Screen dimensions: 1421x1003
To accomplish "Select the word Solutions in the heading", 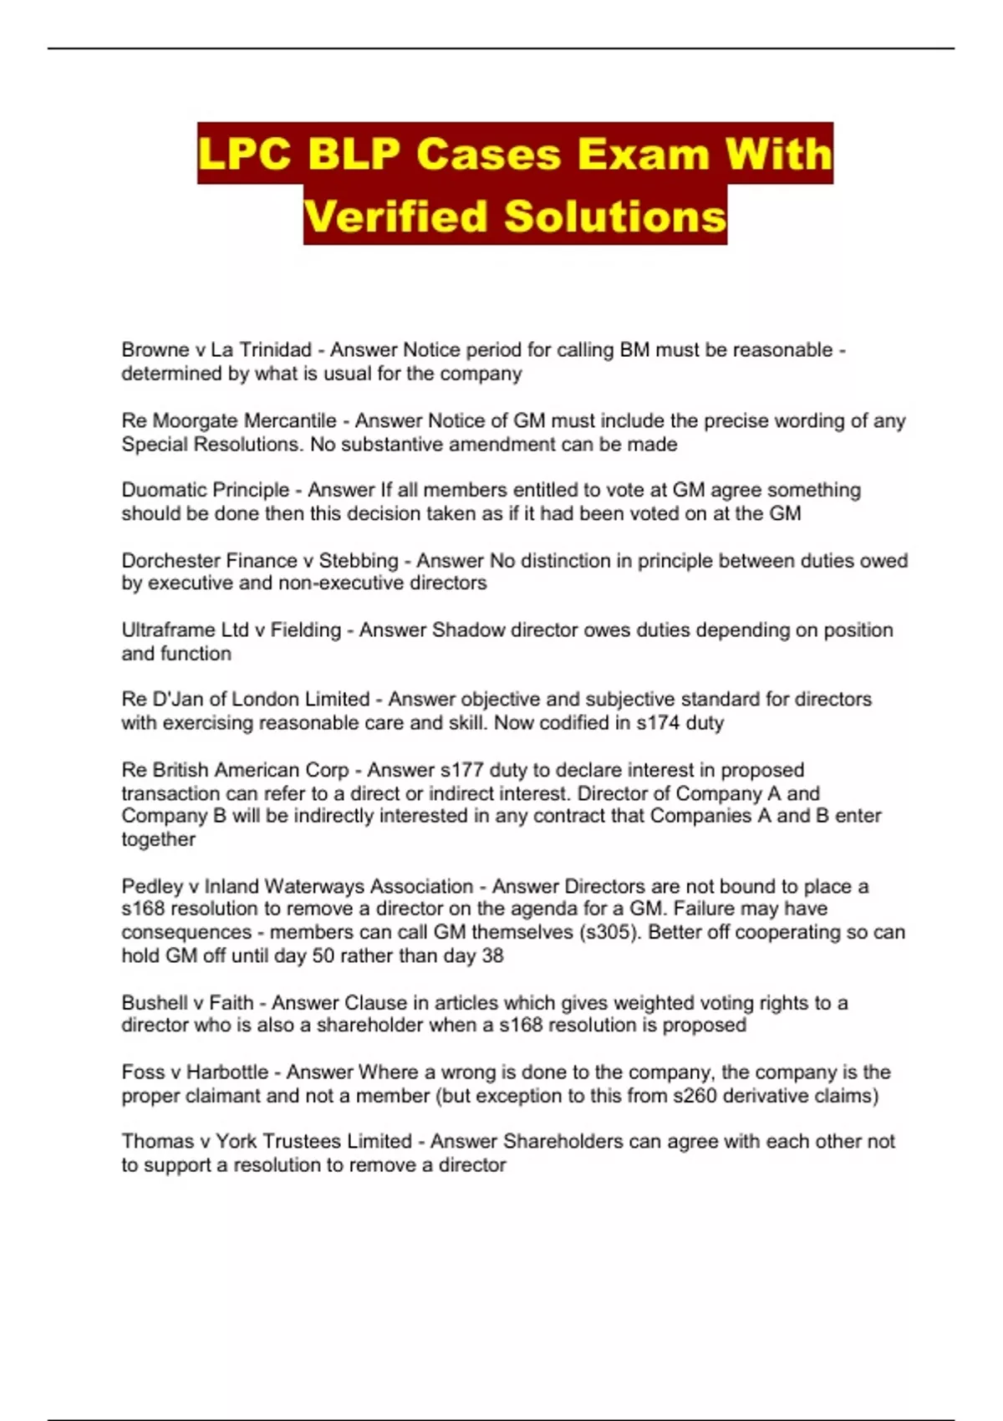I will click(615, 216).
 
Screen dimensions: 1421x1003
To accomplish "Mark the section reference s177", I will click(461, 770).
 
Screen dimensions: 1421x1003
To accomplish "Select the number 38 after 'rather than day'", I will click(493, 955).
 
